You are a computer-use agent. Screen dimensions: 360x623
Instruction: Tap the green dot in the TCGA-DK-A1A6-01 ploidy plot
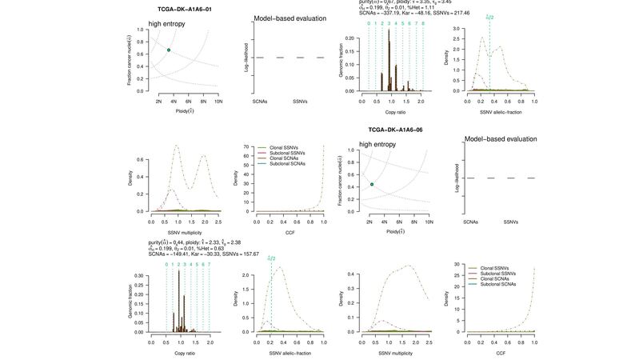169,50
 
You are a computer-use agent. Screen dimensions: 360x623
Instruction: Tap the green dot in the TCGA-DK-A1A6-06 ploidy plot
372,184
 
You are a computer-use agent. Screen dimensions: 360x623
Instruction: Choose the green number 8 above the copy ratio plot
422,24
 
